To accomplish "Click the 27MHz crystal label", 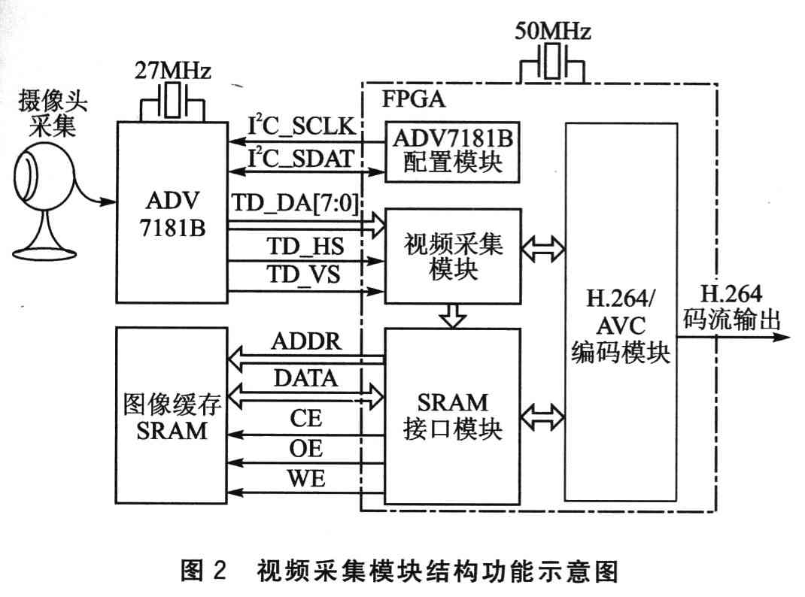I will (x=172, y=73).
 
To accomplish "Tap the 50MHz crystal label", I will (x=552, y=32).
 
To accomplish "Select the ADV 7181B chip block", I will (x=172, y=214).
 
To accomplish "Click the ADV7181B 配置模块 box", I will (x=453, y=151).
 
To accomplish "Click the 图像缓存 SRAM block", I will (x=172, y=418).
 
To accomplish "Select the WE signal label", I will (x=306, y=478).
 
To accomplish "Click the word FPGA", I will (x=415, y=99).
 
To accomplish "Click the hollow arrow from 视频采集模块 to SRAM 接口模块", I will (x=453, y=316).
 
